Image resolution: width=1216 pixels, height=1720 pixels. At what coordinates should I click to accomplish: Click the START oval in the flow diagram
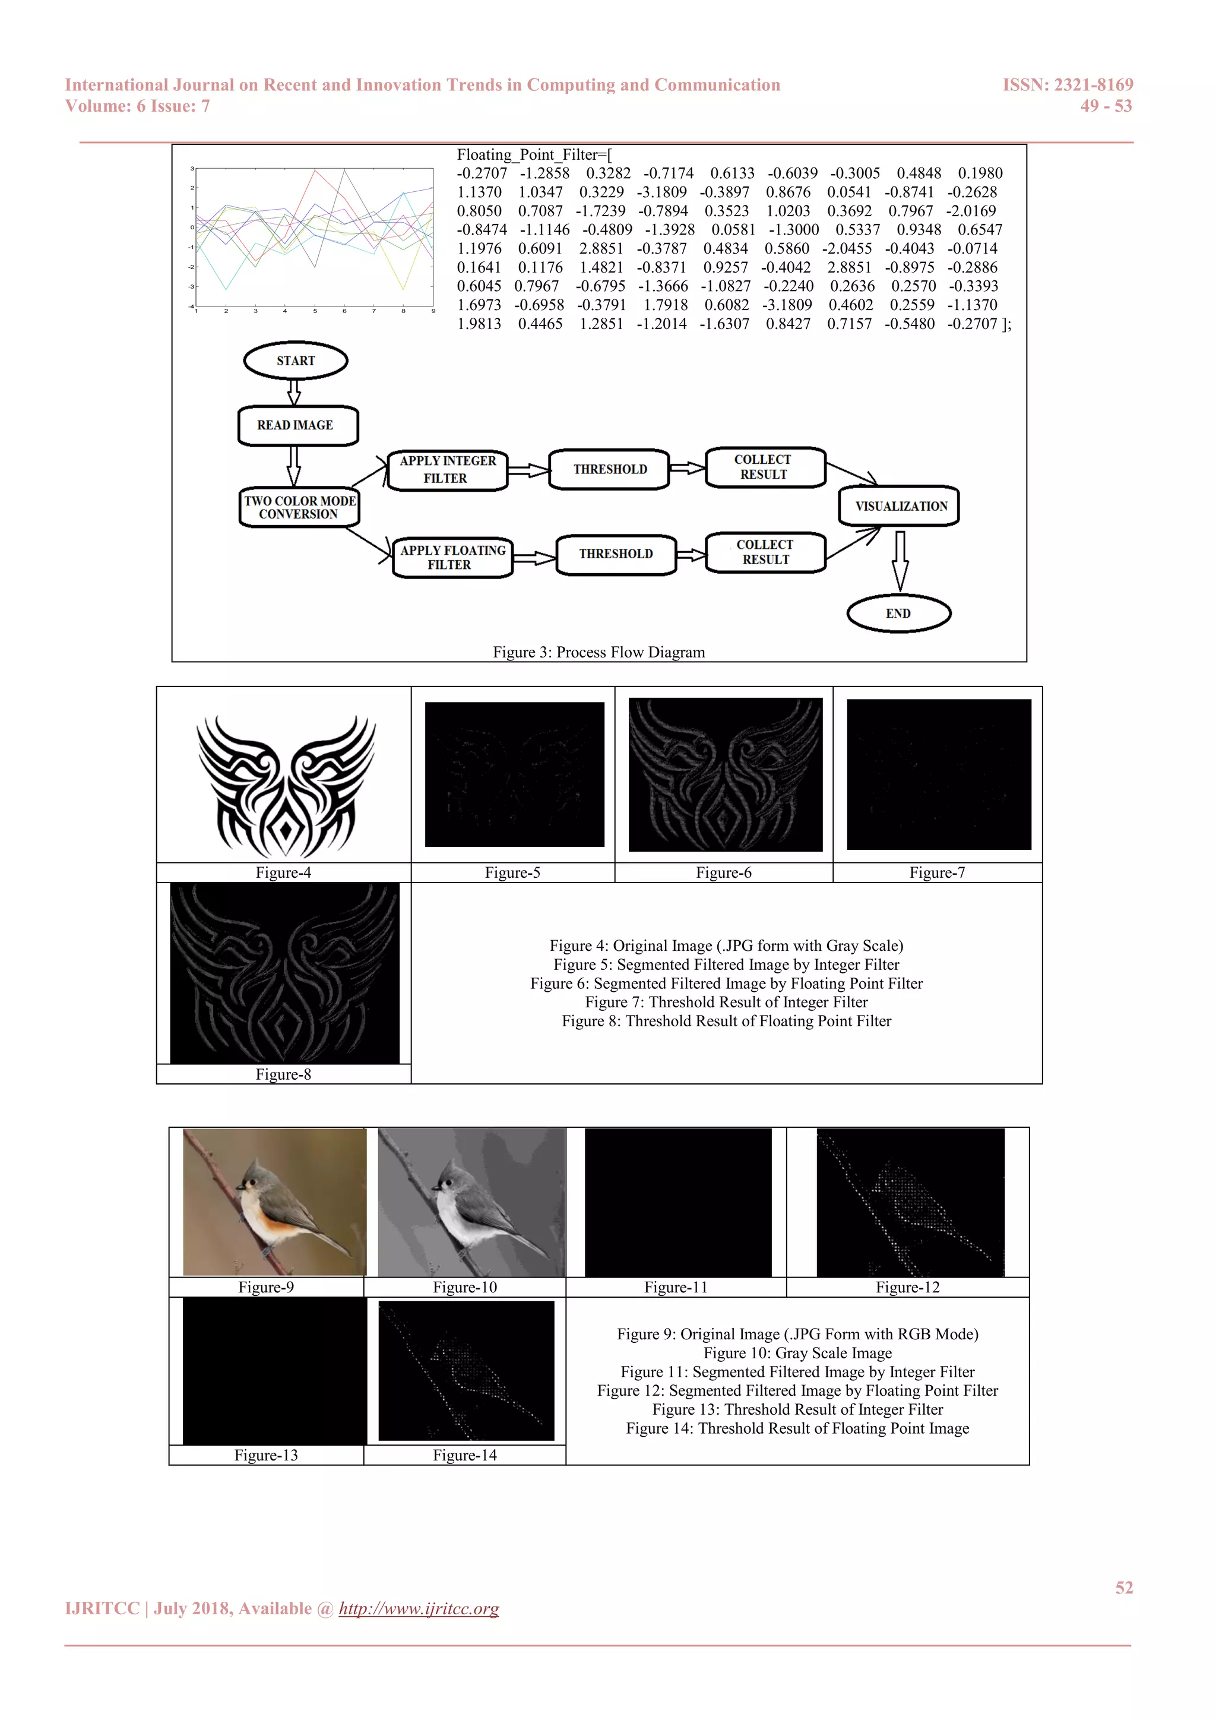[296, 361]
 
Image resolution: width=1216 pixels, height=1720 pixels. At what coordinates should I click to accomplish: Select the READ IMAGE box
[297, 425]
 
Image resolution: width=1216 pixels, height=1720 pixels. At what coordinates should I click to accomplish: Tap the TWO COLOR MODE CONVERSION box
[299, 507]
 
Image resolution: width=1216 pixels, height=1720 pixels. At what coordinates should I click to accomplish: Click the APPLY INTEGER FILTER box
[448, 470]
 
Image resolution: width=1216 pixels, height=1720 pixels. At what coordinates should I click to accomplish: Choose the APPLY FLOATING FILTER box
[452, 557]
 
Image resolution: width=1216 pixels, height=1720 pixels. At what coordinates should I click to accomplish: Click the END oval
[898, 614]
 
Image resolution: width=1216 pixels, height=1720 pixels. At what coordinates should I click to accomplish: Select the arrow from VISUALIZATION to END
[900, 559]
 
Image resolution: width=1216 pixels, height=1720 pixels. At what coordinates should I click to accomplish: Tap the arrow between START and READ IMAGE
[294, 392]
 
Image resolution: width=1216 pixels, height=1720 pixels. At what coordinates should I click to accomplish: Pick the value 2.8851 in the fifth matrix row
[600, 249]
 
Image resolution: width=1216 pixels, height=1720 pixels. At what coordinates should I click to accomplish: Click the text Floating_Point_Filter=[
[534, 155]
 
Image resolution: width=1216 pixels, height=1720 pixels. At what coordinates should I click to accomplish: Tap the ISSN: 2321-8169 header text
[1068, 86]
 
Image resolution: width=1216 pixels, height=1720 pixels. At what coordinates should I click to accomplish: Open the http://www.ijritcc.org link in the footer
[419, 1608]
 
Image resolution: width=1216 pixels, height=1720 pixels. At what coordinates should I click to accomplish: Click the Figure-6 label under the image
[723, 872]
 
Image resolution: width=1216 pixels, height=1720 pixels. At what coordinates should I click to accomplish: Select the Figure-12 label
[907, 1287]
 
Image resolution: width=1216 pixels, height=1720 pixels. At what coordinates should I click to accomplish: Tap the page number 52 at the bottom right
[1124, 1588]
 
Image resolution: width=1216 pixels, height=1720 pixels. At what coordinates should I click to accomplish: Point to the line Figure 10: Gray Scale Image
[797, 1353]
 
